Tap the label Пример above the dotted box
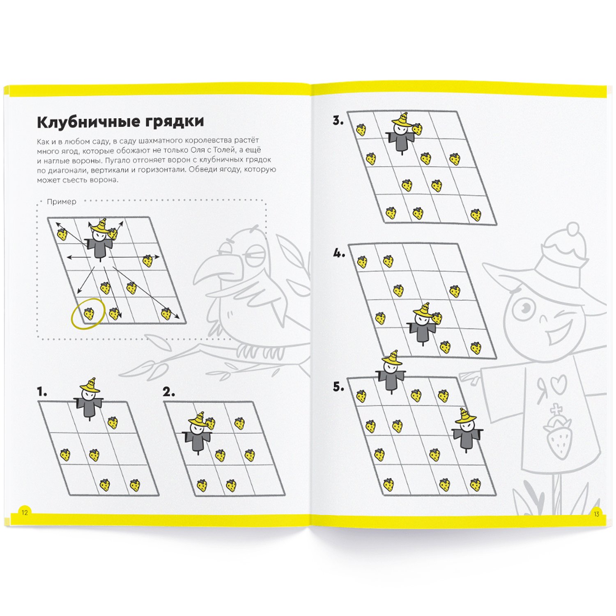[x=62, y=202]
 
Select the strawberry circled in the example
[x=89, y=314]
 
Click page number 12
[x=25, y=513]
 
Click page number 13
[x=596, y=514]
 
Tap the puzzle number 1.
[x=41, y=392]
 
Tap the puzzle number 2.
[x=168, y=392]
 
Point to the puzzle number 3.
[x=338, y=121]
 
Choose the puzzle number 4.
[x=339, y=254]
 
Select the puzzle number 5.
[x=338, y=387]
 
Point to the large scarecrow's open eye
[x=523, y=308]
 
